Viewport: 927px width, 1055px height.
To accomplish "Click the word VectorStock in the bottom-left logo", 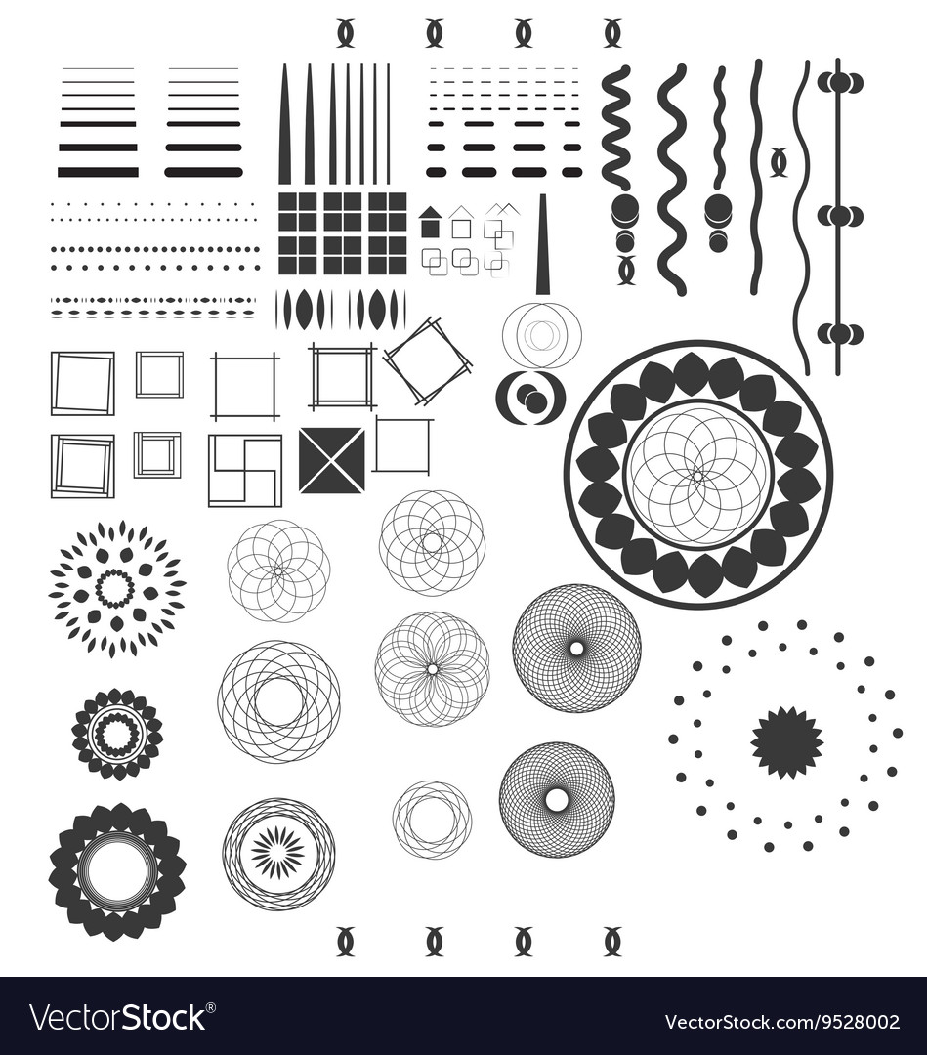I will (117, 1018).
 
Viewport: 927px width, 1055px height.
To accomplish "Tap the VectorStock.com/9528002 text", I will (796, 1022).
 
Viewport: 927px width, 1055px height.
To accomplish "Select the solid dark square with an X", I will (331, 460).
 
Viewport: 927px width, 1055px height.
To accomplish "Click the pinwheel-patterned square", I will (244, 470).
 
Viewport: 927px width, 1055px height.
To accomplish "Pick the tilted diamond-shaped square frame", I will (427, 360).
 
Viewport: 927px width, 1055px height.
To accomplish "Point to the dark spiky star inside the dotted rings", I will (786, 742).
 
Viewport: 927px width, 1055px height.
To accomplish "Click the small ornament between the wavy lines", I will (779, 161).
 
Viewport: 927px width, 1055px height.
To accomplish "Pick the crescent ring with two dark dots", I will (530, 397).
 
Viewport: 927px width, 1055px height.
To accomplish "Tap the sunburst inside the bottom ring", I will (277, 853).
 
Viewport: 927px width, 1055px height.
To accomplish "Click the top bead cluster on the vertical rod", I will (839, 83).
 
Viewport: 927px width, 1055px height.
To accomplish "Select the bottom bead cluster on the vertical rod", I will (839, 334).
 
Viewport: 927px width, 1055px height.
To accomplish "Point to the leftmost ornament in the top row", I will (345, 33).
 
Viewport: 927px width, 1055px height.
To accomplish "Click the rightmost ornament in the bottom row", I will (612, 941).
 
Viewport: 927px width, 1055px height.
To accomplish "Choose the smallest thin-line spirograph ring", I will (432, 820).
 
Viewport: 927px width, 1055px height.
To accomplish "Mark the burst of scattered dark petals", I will (117, 588).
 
